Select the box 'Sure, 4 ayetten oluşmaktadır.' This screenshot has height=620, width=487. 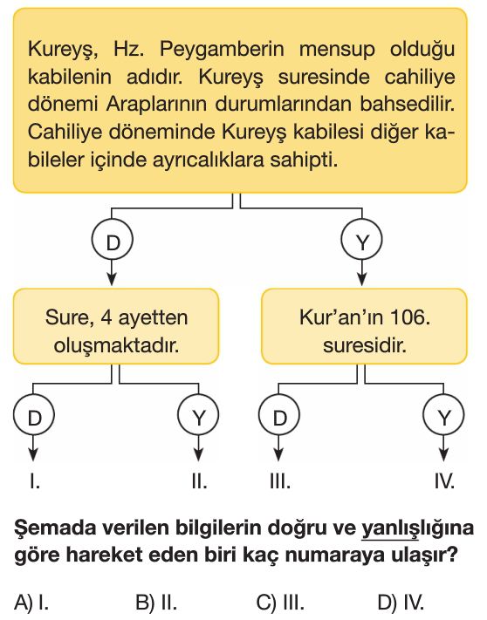pos(116,326)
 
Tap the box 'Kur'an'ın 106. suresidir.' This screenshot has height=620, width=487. pos(364,326)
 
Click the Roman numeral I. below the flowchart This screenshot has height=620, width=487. pos(35,481)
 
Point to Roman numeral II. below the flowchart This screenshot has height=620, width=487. pos(199,481)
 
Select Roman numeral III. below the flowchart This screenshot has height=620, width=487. pos(280,481)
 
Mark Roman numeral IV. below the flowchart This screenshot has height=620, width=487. pos(444,481)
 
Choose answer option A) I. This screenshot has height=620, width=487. pos(31,603)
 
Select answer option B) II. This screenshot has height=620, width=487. pos(156,603)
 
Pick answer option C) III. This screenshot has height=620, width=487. pos(280,603)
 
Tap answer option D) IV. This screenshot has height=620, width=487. pos(401,603)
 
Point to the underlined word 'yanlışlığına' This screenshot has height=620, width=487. pos(417,528)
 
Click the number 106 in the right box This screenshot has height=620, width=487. pos(410,317)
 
